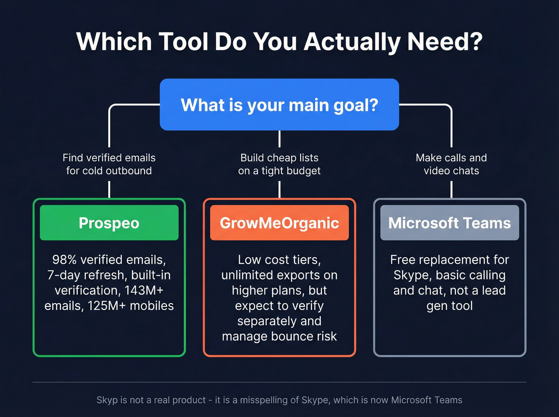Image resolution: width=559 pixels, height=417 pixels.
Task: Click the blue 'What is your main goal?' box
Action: point(279,105)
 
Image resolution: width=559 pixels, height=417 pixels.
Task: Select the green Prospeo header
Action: point(109,223)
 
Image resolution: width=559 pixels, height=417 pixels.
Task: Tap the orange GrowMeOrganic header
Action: point(279,223)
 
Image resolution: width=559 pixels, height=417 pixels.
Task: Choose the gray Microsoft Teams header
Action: point(450,223)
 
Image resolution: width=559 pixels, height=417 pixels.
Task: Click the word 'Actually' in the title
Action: point(352,42)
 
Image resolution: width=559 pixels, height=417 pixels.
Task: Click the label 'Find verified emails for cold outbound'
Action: point(109,164)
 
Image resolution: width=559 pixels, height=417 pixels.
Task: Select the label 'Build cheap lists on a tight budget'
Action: point(279,164)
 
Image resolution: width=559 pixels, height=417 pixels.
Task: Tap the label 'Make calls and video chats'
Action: point(451,164)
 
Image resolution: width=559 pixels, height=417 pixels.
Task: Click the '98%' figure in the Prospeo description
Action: point(64,260)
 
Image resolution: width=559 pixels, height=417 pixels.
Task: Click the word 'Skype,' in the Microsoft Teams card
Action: point(412,275)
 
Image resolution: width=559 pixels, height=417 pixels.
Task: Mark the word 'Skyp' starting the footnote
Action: point(107,400)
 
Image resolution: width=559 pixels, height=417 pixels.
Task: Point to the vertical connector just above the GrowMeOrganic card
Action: point(279,189)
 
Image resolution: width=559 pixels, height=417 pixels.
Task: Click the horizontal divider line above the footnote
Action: point(279,382)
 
